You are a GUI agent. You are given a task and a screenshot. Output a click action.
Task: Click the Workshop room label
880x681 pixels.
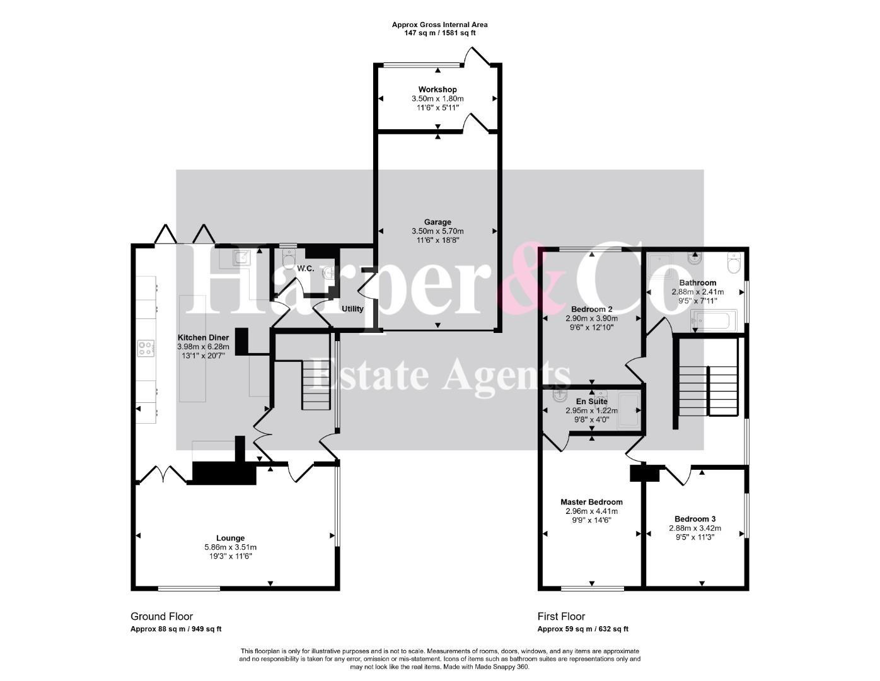click(437, 90)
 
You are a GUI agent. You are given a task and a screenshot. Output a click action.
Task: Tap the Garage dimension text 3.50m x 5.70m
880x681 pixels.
click(437, 231)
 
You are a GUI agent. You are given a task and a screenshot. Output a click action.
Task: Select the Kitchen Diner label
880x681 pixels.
click(203, 337)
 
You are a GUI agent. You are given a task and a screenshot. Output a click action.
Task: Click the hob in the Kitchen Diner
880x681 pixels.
click(146, 348)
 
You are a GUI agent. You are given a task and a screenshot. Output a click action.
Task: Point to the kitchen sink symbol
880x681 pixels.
click(241, 256)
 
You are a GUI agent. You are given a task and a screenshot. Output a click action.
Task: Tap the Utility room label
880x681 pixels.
click(352, 309)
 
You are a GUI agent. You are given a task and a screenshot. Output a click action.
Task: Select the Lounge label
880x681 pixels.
click(231, 538)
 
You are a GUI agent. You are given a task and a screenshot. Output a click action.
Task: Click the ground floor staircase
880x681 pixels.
click(316, 385)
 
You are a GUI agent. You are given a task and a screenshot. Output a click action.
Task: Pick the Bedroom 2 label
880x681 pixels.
click(592, 310)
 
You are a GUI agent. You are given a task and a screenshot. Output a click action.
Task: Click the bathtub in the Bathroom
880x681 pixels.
click(713, 320)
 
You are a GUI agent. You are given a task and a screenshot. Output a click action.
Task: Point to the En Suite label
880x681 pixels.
click(592, 402)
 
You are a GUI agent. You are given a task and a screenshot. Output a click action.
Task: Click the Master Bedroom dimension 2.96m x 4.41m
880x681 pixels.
click(592, 511)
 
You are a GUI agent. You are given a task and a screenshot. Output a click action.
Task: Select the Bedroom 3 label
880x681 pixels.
click(695, 519)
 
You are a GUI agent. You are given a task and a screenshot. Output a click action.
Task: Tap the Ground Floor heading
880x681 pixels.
click(161, 617)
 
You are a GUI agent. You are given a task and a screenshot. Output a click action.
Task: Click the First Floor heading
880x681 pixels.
click(561, 617)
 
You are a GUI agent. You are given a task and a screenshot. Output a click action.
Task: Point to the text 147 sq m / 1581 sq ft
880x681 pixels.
click(440, 33)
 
